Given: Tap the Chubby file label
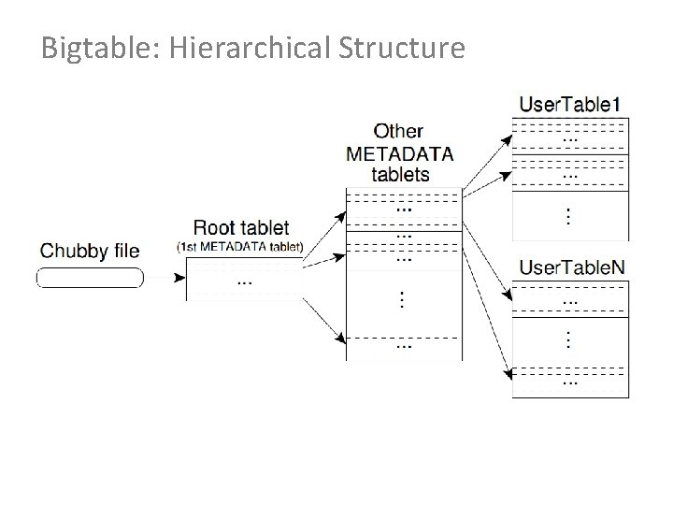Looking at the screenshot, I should pos(90,251).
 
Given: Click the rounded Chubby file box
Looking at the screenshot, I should pos(90,278).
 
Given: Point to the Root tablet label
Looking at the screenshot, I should pos(241,227).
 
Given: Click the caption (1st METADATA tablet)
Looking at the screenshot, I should pos(240,246).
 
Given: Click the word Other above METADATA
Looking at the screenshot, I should pos(398,131).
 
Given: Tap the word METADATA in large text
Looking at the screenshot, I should pos(400,152).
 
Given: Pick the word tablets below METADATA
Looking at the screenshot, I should pos(400,174).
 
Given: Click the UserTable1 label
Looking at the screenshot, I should pos(571,104).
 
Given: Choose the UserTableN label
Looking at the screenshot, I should pos(572,268).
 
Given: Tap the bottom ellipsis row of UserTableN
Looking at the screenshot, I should pos(570,381).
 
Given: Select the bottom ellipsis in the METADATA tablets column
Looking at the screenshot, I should pos(403,344).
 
